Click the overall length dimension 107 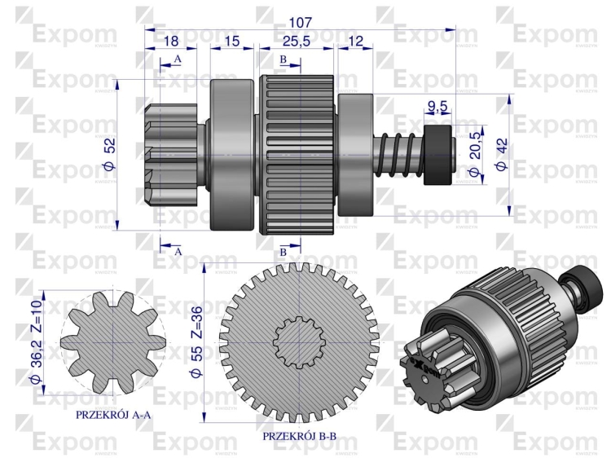(x=300, y=21)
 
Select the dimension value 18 (x=170, y=41)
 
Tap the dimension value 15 (x=232, y=41)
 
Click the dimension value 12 (x=355, y=41)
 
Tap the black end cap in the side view (x=441, y=151)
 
